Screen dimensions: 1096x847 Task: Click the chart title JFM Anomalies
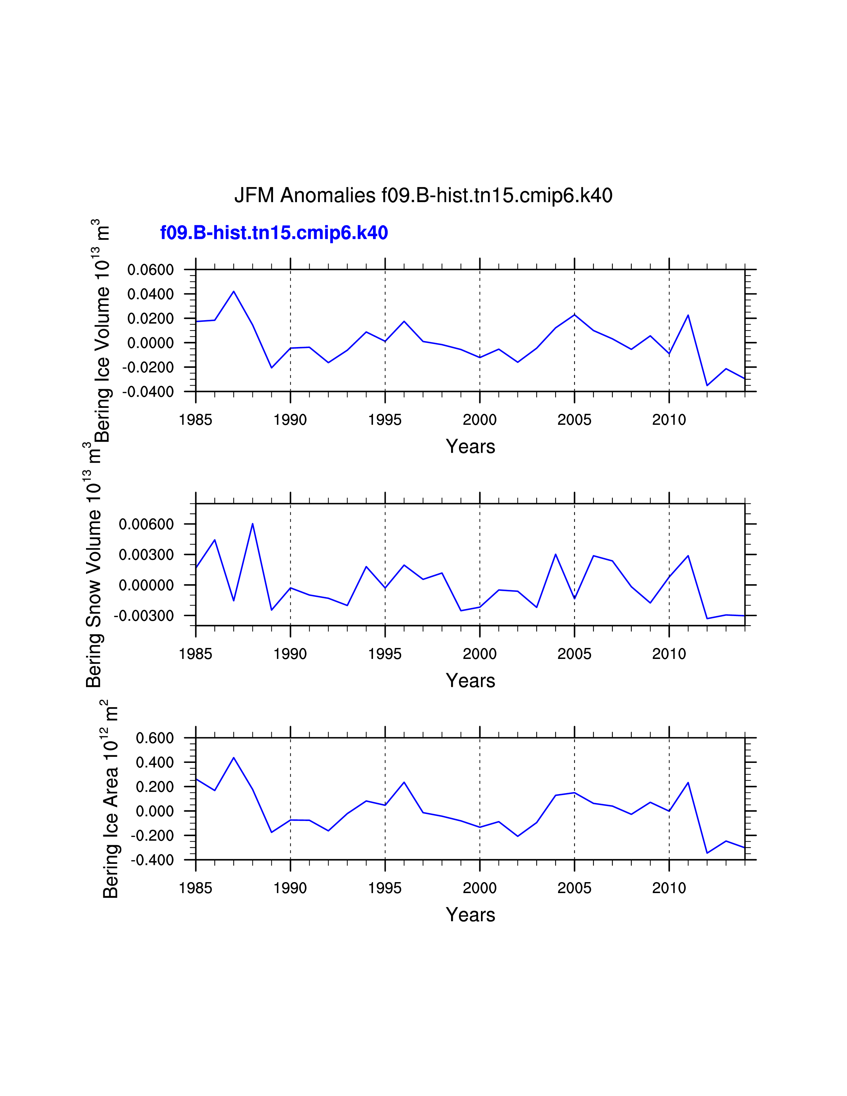point(423,195)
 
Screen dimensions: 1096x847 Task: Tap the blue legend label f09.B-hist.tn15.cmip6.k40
point(274,233)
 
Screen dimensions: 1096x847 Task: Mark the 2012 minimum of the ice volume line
point(707,385)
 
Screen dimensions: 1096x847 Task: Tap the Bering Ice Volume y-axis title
point(102,331)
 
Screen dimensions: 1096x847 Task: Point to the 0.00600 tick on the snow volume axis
point(146,524)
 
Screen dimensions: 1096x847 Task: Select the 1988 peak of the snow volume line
point(252,524)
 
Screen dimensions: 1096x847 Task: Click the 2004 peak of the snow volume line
point(555,555)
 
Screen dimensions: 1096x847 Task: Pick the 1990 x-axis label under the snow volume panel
point(290,654)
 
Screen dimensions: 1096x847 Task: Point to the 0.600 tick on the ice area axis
point(154,738)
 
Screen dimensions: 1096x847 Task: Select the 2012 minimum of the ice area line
point(707,853)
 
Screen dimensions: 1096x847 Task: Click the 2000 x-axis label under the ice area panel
point(479,888)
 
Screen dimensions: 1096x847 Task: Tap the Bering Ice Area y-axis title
point(110,798)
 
